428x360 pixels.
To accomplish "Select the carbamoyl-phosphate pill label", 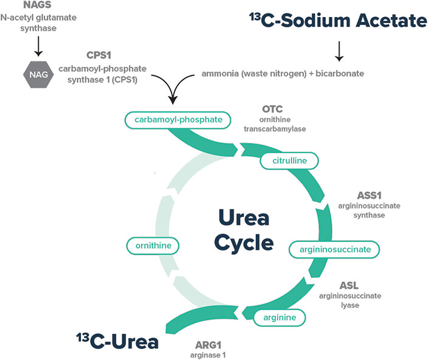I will (x=178, y=120).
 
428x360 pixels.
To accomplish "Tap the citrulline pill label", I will (x=289, y=161).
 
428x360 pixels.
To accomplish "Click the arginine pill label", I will (x=279, y=317).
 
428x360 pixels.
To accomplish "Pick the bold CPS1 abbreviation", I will (x=97, y=54).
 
